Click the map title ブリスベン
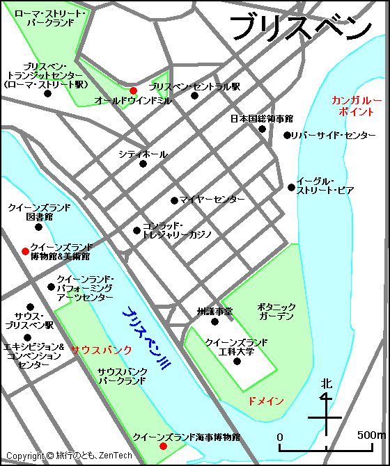click(x=300, y=28)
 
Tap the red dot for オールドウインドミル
click(x=133, y=90)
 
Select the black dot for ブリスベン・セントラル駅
click(x=194, y=95)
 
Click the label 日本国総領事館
click(x=261, y=119)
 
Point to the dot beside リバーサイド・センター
click(x=286, y=135)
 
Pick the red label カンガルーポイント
click(x=357, y=106)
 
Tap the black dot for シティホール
click(x=143, y=164)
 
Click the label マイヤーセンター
click(x=212, y=200)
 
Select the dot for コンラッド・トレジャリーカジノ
click(x=137, y=230)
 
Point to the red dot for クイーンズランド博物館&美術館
click(x=25, y=251)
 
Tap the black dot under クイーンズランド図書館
click(x=38, y=227)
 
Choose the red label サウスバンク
click(x=101, y=350)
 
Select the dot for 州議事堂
click(x=214, y=321)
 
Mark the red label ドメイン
click(x=265, y=401)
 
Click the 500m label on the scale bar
click(x=371, y=435)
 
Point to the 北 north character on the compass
click(x=326, y=383)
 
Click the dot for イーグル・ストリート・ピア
click(x=291, y=186)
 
